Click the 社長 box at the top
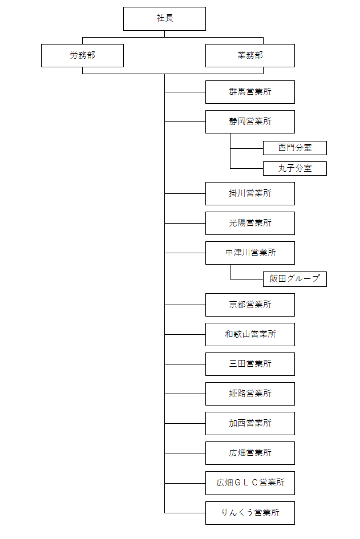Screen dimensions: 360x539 coord(164,19)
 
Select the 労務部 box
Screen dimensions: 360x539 coord(82,55)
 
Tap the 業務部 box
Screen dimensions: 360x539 coord(250,55)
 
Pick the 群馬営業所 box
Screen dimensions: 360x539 coord(250,92)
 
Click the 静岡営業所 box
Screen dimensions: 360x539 coord(250,121)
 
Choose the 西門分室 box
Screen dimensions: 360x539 coord(294,148)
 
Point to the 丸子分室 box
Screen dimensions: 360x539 coord(294,168)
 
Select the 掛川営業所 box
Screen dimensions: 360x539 coord(250,193)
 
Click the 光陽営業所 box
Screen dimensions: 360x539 coord(250,223)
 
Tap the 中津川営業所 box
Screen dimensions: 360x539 coord(250,253)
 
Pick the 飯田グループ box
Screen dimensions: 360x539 coord(294,279)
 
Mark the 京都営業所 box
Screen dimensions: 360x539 coord(250,305)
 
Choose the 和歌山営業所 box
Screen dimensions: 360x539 coord(250,334)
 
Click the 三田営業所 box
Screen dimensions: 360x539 coord(250,364)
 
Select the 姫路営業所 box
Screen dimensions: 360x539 coord(250,394)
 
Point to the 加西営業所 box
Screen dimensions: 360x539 coord(250,423)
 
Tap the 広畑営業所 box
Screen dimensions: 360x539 coord(250,453)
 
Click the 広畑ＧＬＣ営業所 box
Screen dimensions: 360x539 coord(250,483)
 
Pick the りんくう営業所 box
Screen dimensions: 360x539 coord(250,513)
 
